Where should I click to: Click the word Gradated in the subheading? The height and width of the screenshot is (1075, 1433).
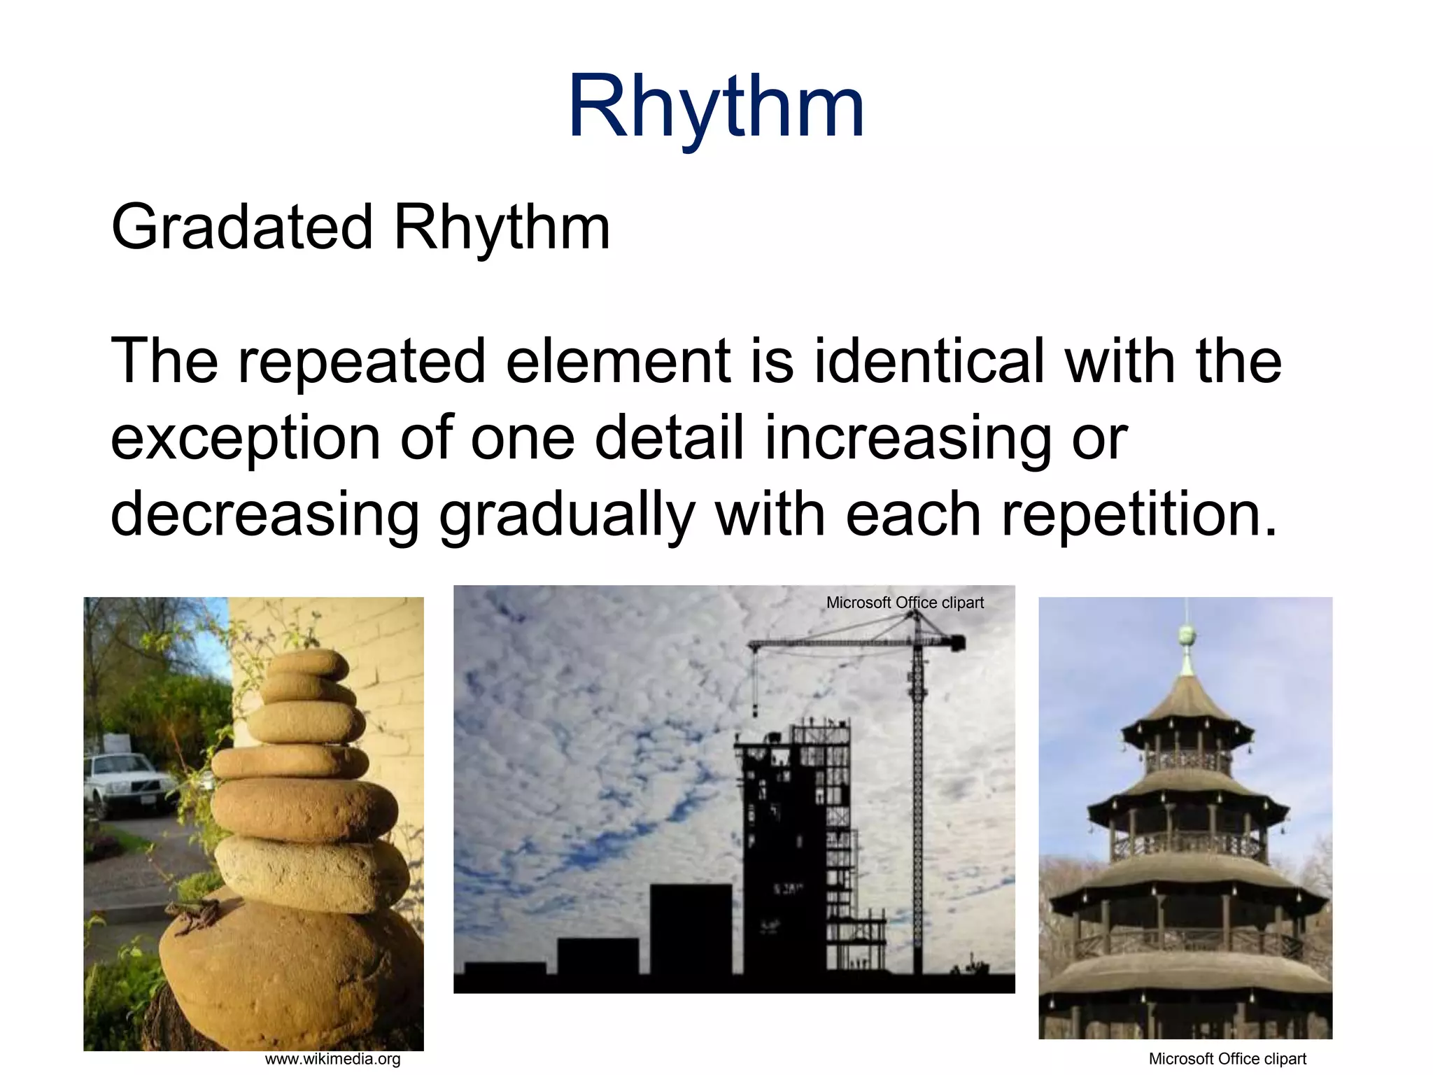(241, 227)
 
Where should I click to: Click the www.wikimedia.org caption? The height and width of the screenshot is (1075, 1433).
(332, 1059)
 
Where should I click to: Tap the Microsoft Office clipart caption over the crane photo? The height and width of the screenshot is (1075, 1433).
(905, 603)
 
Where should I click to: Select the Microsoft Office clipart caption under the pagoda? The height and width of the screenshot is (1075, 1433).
(1227, 1059)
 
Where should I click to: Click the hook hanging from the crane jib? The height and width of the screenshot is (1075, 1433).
(755, 710)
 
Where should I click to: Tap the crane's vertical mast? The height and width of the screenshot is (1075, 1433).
(917, 805)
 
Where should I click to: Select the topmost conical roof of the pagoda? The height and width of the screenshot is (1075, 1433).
(1185, 700)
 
